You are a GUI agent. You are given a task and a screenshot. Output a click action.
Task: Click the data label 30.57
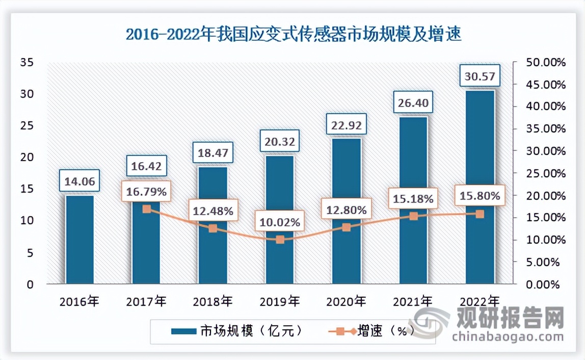pyautogui.click(x=480, y=76)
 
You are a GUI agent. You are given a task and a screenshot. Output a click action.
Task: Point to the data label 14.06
pyautogui.click(x=79, y=181)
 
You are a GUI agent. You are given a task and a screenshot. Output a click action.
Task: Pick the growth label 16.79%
pyautogui.click(x=146, y=193)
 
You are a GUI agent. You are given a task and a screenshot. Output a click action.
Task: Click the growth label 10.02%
pyautogui.click(x=280, y=222)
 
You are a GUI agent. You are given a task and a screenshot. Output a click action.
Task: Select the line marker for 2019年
pyautogui.click(x=280, y=239)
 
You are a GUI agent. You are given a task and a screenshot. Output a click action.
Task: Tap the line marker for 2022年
pyautogui.click(x=480, y=214)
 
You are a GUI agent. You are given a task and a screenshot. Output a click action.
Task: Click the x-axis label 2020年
pyautogui.click(x=347, y=301)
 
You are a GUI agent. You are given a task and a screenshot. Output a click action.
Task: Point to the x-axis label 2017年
pyautogui.click(x=146, y=301)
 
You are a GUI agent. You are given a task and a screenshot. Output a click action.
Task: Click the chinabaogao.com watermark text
pyautogui.click(x=508, y=336)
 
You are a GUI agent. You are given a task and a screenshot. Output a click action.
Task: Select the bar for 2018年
pyautogui.click(x=213, y=224)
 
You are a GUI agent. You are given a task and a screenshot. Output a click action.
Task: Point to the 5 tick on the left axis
pyautogui.click(x=30, y=252)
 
